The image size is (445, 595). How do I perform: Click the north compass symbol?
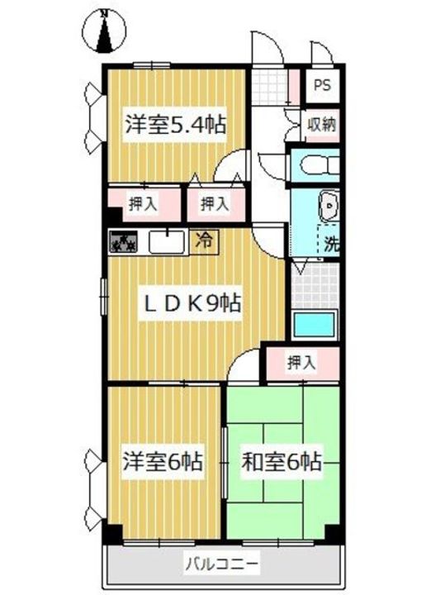[x=105, y=30]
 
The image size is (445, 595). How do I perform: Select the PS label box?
[x=320, y=85]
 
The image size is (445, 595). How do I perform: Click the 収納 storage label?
[x=322, y=125]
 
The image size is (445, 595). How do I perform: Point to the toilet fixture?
[x=318, y=164]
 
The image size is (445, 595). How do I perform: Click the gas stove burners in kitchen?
[x=125, y=243]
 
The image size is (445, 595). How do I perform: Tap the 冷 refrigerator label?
[x=202, y=241]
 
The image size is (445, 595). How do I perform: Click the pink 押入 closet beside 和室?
[x=301, y=361]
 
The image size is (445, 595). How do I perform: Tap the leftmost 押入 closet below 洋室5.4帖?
[x=143, y=202]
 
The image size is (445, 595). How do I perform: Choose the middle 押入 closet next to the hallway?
[x=215, y=202]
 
